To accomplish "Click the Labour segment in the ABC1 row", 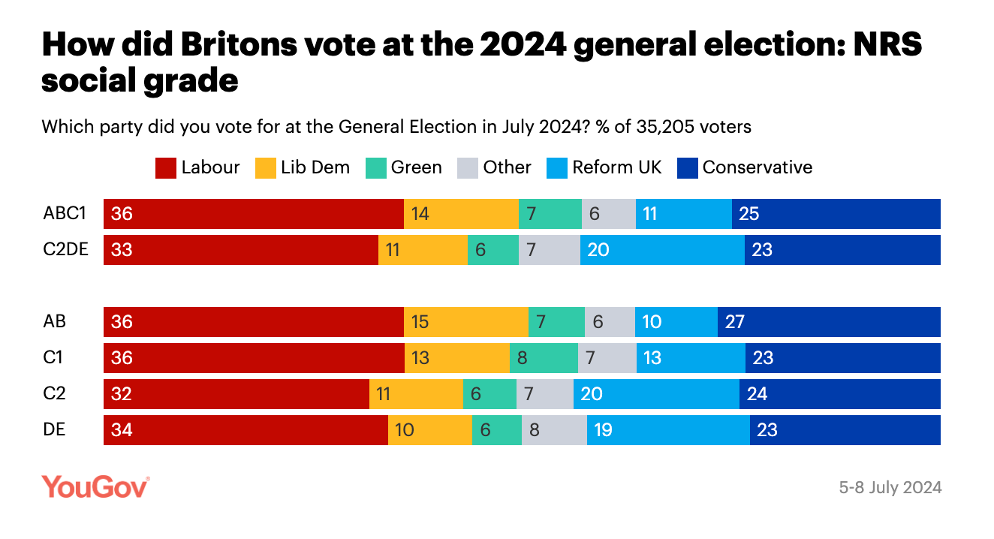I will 253,214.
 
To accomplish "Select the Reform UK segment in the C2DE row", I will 662,250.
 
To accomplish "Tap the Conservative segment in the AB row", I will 829,322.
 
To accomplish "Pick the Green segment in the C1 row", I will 544,358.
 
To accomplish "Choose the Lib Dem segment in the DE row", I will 429,430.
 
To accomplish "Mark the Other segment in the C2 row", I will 544,394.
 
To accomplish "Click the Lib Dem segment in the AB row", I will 465,322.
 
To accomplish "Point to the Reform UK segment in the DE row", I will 668,430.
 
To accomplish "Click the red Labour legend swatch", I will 166,167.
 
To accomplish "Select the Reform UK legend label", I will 617,167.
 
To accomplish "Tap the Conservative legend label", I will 758,167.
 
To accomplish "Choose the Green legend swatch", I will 375,167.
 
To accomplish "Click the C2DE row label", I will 66,250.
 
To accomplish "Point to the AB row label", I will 55,322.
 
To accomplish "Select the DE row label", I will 55,430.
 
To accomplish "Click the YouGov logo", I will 95,486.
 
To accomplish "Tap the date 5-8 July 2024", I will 890,487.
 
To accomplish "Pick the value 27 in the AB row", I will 735,322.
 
